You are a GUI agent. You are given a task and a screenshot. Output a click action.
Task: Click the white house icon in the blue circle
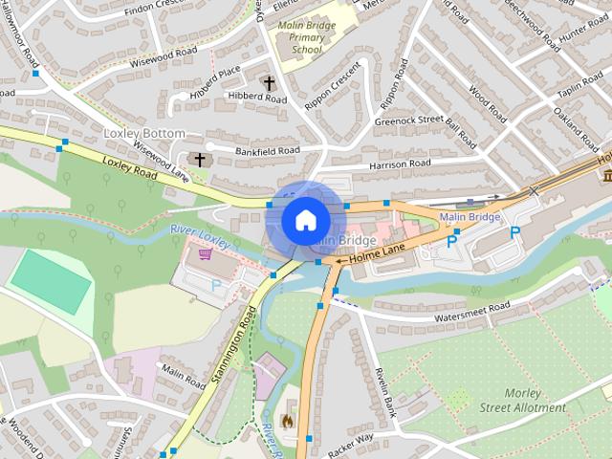tap(304, 220)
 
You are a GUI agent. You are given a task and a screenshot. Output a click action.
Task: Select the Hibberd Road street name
tap(257, 98)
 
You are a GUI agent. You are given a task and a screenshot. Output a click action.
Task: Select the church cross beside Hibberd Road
tap(269, 83)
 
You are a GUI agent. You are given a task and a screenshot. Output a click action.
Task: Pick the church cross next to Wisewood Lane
tap(199, 160)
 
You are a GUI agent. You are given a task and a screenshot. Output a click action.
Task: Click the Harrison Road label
tap(401, 165)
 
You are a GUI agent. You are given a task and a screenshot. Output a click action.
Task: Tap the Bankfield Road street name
tap(269, 151)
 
